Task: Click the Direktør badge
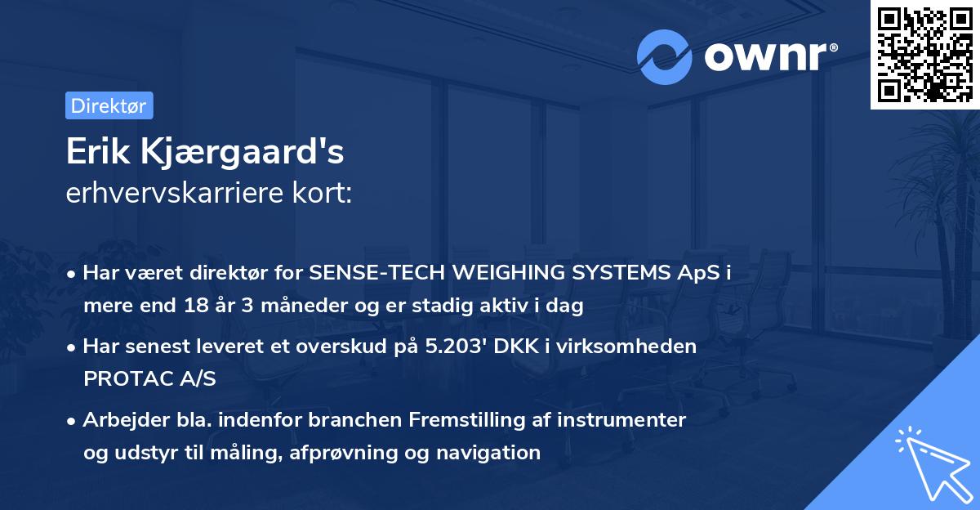109,105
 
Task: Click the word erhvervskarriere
176,194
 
